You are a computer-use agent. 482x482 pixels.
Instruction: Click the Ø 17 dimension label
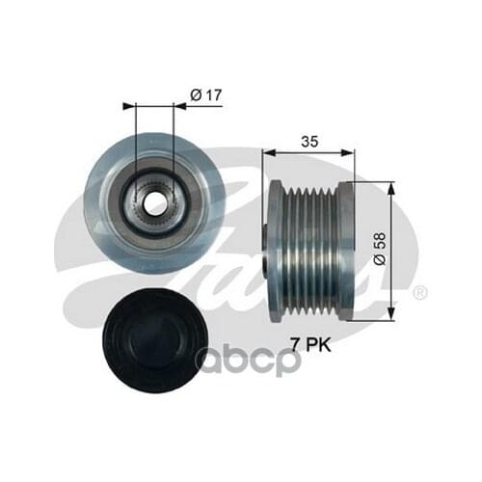pyautogui.click(x=206, y=95)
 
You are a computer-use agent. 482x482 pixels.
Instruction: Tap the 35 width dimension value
pyautogui.click(x=309, y=141)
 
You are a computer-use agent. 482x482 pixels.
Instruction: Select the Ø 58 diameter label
pyautogui.click(x=380, y=249)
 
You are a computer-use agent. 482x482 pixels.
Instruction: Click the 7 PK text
pyautogui.click(x=310, y=345)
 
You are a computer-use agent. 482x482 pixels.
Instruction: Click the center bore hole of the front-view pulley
pyautogui.click(x=155, y=204)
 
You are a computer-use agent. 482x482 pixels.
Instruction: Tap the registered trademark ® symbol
pyautogui.click(x=419, y=293)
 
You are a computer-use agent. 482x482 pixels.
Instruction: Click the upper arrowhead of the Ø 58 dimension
pyautogui.click(x=390, y=188)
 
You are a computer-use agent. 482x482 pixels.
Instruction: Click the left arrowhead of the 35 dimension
pyautogui.click(x=269, y=152)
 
